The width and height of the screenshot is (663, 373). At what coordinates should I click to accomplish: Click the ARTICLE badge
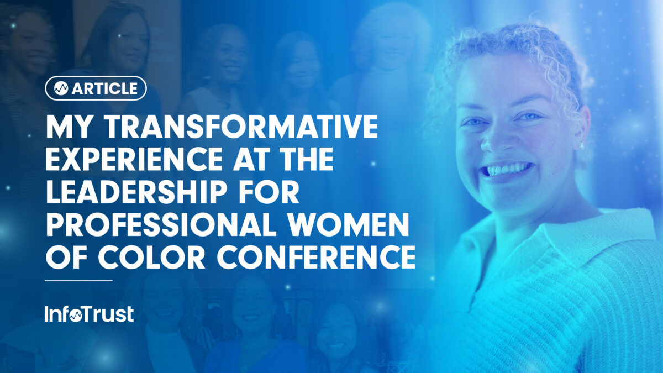(96, 88)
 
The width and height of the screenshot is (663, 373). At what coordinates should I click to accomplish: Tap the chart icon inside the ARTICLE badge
(61, 88)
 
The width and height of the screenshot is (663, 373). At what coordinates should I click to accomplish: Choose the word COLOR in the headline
(140, 258)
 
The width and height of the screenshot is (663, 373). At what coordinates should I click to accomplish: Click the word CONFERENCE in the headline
(307, 258)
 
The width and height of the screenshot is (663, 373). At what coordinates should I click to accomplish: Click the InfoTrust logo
(89, 314)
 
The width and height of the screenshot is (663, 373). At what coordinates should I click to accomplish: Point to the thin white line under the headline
(78, 280)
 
